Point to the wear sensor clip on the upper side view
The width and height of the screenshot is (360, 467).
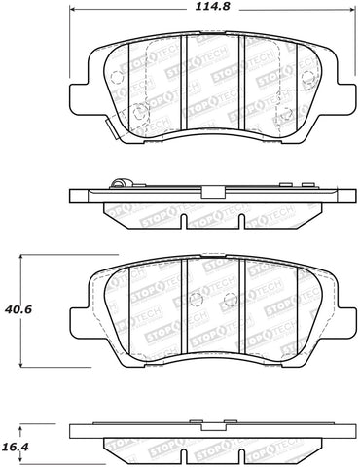(x=120, y=183)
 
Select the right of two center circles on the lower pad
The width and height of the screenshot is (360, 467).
(x=226, y=300)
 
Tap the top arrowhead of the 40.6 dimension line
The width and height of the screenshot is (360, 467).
(x=24, y=258)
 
